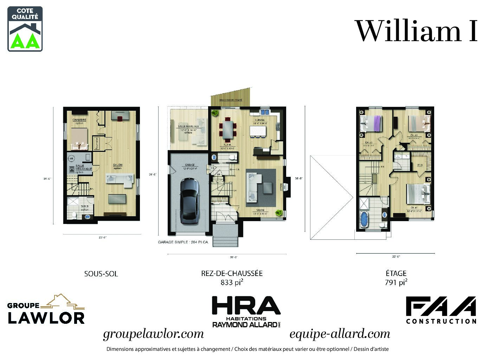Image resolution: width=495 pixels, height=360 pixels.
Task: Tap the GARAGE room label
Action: [x=190, y=165]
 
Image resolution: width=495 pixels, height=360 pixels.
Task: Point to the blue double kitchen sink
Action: [x=264, y=112]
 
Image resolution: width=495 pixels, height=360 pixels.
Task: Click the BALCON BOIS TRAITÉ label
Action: [x=231, y=100]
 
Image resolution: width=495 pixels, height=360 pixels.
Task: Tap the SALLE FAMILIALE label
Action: [x=188, y=126]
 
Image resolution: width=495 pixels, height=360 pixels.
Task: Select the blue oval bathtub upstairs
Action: [x=364, y=219]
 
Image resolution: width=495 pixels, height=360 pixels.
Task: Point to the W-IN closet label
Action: [x=420, y=165]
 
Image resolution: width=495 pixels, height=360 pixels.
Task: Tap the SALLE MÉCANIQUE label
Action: [x=84, y=168]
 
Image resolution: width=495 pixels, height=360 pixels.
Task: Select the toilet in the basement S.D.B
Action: [x=73, y=214]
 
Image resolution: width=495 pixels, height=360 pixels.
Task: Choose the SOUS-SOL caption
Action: [x=101, y=274]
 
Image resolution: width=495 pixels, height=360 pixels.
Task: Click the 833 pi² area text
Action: [x=232, y=282]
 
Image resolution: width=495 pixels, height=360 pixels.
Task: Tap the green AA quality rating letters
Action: [x=25, y=41]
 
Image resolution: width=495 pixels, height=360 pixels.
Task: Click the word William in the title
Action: [x=408, y=31]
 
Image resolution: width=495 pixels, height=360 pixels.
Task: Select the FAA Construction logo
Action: [x=441, y=310]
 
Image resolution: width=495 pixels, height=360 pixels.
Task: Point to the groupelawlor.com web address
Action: [x=153, y=334]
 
